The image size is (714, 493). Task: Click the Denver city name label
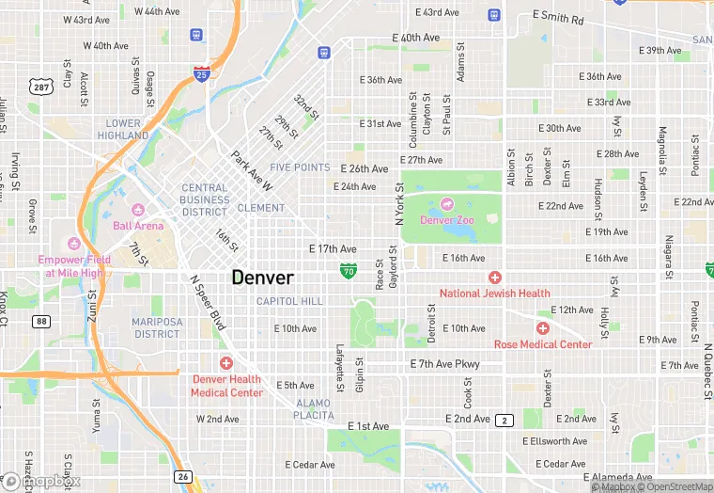coord(262,278)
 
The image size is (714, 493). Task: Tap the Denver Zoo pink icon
coord(445,203)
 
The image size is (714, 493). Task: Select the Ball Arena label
coord(138,226)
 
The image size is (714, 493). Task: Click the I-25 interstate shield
coord(201,72)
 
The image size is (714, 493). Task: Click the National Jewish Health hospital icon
coord(494,277)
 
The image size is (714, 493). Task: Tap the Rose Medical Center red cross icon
coord(542,328)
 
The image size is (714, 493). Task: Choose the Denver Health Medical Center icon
coord(226,363)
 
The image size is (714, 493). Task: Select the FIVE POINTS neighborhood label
coord(300,167)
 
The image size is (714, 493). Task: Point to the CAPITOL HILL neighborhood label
coord(289,301)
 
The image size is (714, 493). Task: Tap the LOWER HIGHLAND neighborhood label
coord(124,129)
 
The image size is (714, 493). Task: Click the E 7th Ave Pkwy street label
coord(444,364)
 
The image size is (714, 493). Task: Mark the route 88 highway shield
coord(41,321)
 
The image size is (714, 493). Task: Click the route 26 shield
coord(185,476)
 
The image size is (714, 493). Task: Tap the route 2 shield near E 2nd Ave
coord(505,420)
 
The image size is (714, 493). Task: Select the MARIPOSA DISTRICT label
coord(156,327)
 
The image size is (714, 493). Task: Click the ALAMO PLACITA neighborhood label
coord(314,408)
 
